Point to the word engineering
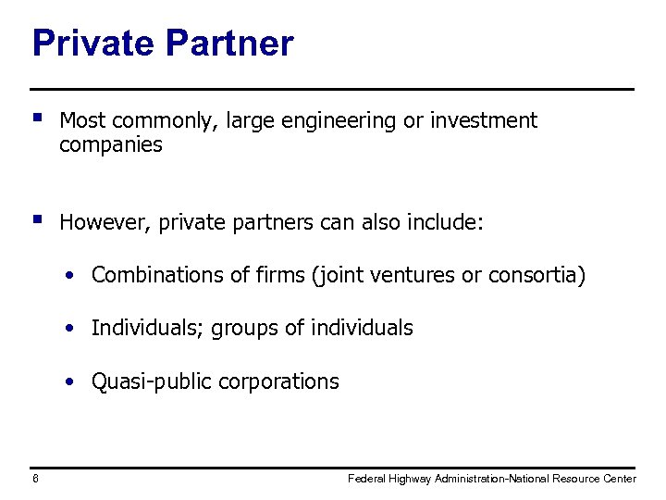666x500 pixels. coord(338,121)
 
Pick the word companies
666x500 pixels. coord(110,145)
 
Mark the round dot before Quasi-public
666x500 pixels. coord(70,381)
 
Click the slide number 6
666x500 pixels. coord(35,479)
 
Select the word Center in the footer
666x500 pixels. coord(617,479)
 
